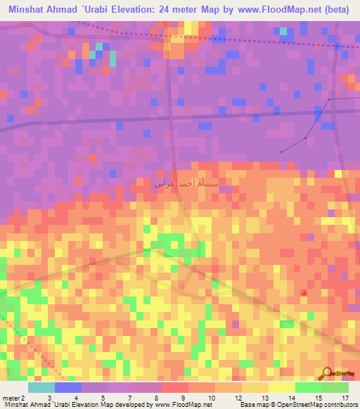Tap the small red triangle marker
(304, 292)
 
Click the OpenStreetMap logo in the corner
(340, 373)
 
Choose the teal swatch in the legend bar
(41, 387)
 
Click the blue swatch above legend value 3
(67, 387)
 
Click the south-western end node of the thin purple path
(281, 152)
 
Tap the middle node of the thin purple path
(305, 137)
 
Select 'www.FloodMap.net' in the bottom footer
(182, 404)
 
